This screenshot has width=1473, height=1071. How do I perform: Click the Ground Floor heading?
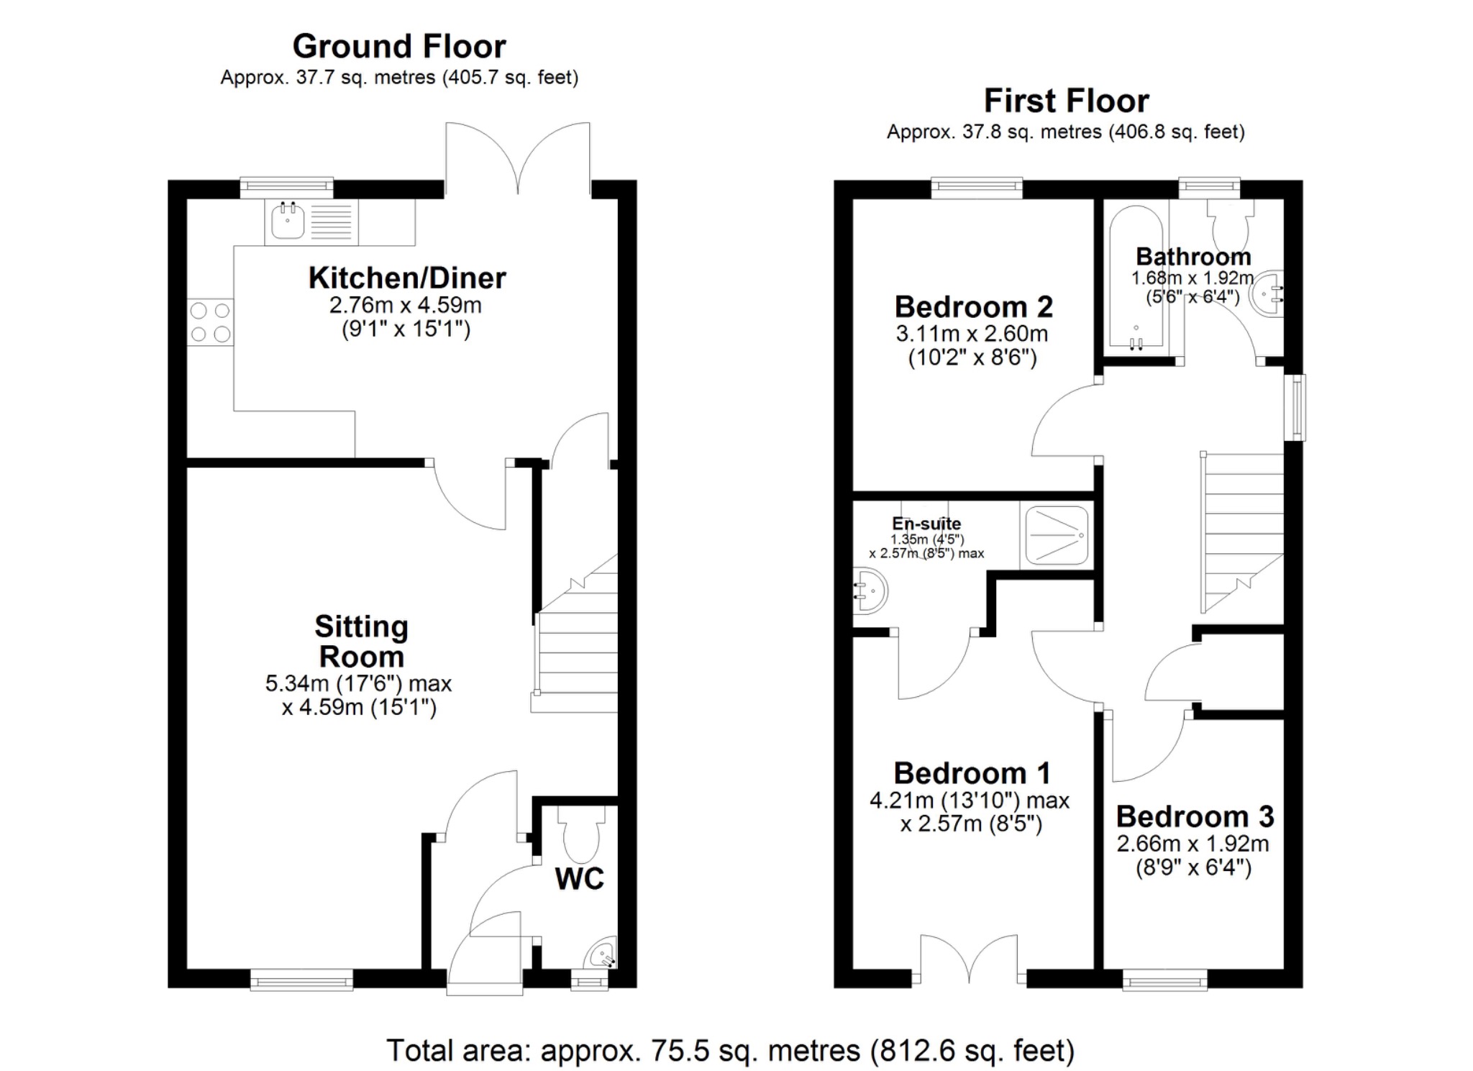point(398,47)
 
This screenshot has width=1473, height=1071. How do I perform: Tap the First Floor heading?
point(1066,101)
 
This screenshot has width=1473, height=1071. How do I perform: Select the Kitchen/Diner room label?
point(407,278)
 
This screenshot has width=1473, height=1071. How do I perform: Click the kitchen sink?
point(288,221)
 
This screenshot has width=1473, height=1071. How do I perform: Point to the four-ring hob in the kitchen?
point(210,322)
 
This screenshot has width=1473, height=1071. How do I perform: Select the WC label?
point(579,879)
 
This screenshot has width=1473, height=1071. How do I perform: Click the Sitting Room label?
point(361,642)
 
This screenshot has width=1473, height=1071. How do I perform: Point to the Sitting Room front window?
point(301,979)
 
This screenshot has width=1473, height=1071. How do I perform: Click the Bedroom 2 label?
point(973,307)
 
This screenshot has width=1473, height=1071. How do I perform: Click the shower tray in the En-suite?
point(1056,536)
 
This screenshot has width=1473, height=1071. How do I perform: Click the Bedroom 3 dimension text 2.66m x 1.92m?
point(1192,844)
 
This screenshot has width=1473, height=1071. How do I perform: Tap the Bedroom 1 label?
point(972,774)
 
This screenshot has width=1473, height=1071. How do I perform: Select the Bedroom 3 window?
point(1164,979)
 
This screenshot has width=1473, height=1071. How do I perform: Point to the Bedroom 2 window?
point(976,188)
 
